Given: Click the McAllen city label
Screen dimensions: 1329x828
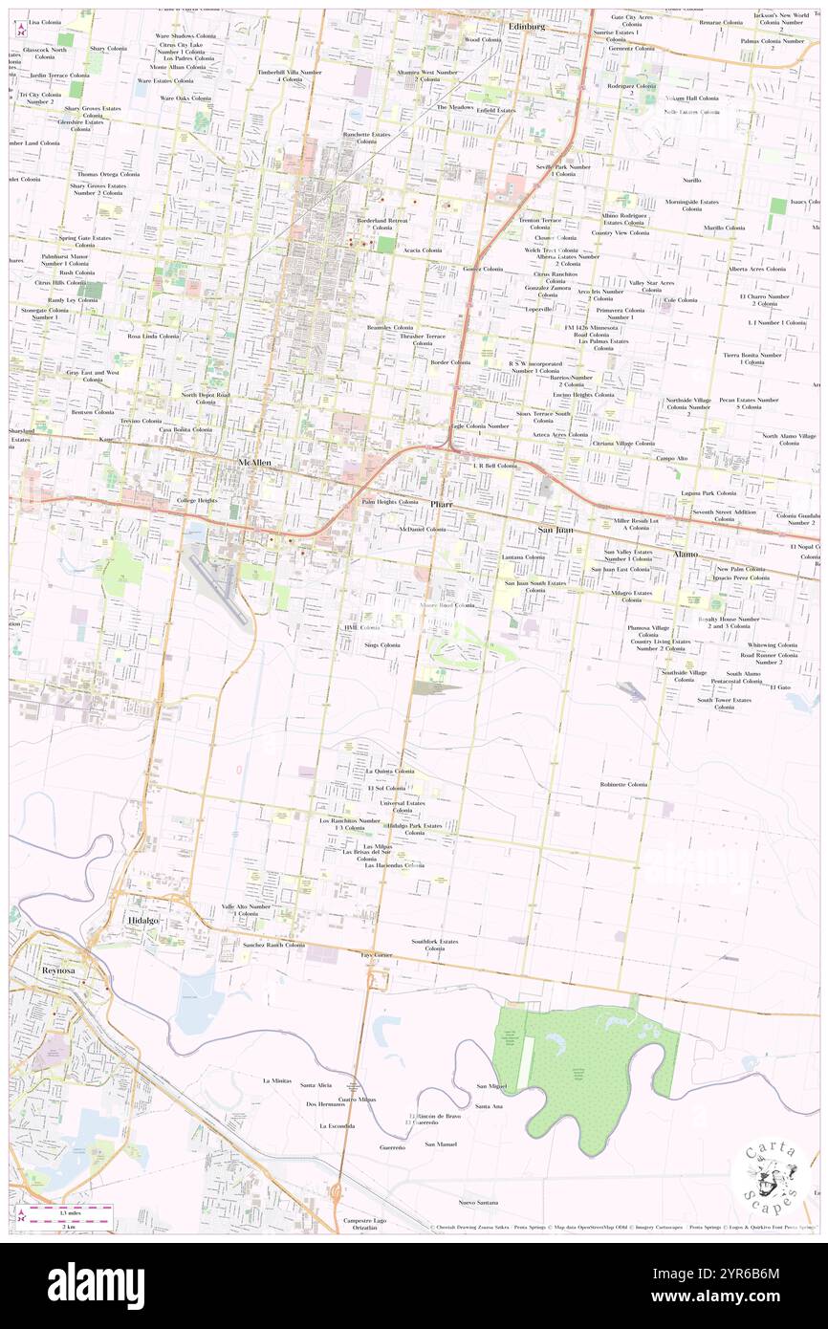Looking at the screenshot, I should tap(254, 463).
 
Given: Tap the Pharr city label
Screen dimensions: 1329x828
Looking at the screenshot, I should tap(441, 504).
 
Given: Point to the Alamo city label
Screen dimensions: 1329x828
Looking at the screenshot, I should tap(686, 554).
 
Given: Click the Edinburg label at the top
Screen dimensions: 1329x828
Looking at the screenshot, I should tap(527, 26).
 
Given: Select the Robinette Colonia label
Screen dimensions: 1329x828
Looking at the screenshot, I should tap(624, 784).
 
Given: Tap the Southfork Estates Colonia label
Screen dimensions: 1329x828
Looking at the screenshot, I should tap(435, 945).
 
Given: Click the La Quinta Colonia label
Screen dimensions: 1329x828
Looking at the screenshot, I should tap(390, 771).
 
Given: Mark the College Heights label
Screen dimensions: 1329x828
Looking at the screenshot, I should tap(197, 501).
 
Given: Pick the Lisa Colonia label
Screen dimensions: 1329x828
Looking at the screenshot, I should tap(45, 21).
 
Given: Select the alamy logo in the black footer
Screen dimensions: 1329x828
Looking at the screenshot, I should tap(96, 1285).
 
